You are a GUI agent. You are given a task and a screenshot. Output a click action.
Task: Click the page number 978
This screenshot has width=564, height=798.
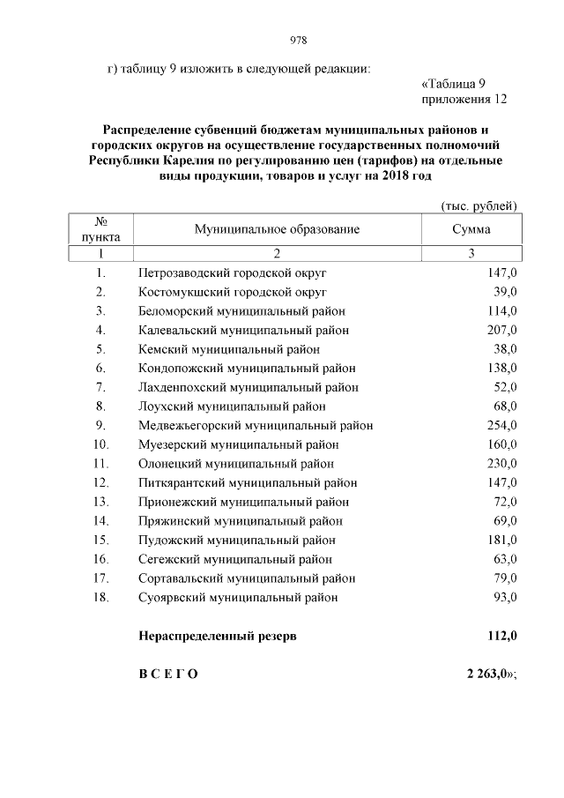click(298, 41)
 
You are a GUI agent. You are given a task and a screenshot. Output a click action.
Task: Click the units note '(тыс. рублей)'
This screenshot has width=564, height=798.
click(479, 205)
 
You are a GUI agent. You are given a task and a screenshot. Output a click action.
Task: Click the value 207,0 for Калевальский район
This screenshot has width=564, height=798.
click(500, 330)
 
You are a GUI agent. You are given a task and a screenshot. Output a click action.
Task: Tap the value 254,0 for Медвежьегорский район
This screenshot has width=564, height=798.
click(500, 426)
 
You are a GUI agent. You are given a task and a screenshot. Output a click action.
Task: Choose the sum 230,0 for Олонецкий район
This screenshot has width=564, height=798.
click(500, 464)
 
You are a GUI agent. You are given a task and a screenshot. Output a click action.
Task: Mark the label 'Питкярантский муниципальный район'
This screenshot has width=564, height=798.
click(248, 483)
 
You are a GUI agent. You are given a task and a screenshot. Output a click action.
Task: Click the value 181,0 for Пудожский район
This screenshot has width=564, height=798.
click(500, 541)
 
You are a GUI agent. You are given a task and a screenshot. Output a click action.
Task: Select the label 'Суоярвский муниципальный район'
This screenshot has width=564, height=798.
click(238, 598)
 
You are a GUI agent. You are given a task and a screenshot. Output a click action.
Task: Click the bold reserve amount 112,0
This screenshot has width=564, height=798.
click(501, 636)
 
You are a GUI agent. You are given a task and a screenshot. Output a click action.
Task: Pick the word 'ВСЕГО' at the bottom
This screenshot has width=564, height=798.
click(168, 675)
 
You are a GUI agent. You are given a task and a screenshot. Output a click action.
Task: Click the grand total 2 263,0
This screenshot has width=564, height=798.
click(487, 675)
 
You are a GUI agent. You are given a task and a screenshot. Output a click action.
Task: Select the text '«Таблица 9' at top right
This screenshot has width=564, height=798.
click(454, 84)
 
